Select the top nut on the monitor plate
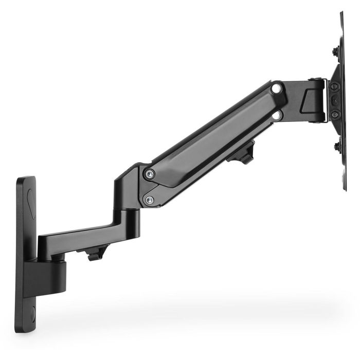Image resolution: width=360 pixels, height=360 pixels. click(x=335, y=51)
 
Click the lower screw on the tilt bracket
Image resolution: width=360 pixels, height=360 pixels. click(x=335, y=114)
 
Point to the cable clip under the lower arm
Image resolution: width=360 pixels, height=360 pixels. click(x=96, y=253)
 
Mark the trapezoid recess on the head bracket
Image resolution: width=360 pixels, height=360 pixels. click(x=311, y=101)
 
